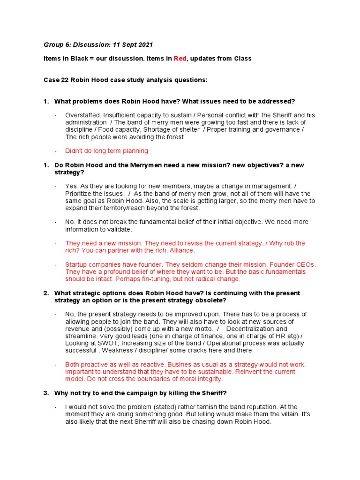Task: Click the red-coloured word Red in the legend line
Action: click(180, 59)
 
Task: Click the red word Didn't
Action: click(74, 151)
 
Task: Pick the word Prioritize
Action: click(81, 194)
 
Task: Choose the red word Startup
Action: click(76, 264)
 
